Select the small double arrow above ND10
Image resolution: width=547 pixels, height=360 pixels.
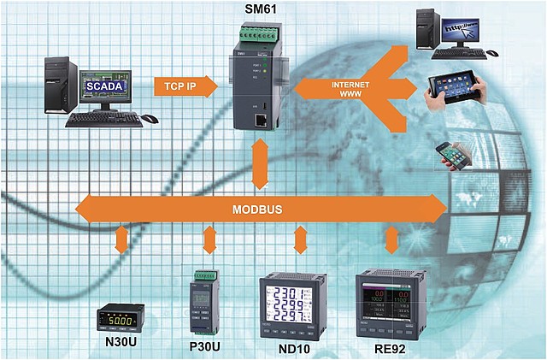point(298,239)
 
